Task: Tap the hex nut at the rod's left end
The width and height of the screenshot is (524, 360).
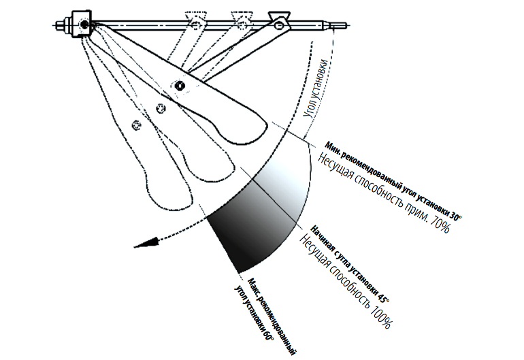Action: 61,26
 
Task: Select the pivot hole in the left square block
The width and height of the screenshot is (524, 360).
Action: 83,25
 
